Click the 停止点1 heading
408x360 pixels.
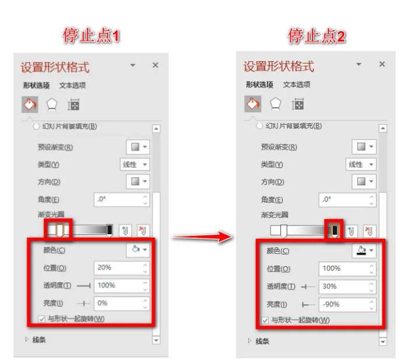tap(91, 36)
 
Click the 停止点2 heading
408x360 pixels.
tap(316, 36)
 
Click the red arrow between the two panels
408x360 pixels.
tap(202, 236)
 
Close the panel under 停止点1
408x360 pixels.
tap(156, 65)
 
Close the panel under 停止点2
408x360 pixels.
tap(382, 64)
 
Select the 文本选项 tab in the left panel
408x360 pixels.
tap(72, 85)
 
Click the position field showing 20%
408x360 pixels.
tap(121, 268)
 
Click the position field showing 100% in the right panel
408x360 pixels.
tap(347, 269)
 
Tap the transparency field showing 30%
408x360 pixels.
tap(347, 287)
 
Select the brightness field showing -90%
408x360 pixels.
tap(347, 305)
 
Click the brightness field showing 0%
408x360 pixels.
tap(121, 303)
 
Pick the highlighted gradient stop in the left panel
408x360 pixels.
tap(59, 230)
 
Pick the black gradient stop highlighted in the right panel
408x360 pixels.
tap(335, 231)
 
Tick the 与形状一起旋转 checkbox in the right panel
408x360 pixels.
tap(265, 320)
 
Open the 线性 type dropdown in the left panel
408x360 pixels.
tap(135, 164)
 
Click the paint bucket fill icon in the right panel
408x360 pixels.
tap(252, 104)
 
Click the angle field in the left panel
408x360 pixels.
tap(121, 199)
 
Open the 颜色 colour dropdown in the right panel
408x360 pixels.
tap(364, 250)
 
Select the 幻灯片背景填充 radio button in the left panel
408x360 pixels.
tap(36, 126)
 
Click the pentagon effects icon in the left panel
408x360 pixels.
tap(52, 105)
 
